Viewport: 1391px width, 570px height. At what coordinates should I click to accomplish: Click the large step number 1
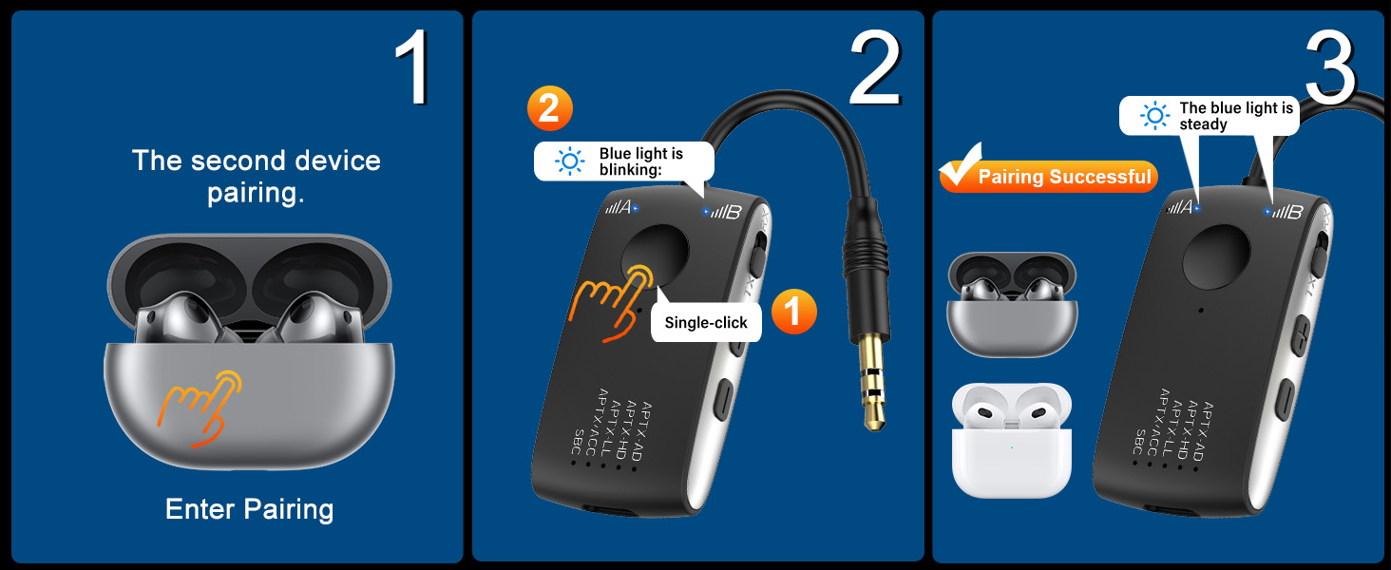413,69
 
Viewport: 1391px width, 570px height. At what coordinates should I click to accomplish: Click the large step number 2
873,68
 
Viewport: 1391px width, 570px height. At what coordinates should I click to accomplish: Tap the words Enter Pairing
249,509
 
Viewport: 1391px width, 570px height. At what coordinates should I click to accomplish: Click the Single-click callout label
706,323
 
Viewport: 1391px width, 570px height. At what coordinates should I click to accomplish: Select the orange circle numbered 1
793,312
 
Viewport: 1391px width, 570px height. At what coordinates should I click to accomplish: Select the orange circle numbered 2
550,110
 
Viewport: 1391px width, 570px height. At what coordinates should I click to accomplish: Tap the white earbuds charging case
1011,439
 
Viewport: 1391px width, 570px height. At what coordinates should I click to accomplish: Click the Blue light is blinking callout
623,161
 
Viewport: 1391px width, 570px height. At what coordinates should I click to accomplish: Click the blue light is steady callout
1208,116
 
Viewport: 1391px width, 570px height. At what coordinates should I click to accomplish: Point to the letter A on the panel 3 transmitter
1186,205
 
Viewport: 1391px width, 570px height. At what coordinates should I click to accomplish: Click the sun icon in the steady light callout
1155,116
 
